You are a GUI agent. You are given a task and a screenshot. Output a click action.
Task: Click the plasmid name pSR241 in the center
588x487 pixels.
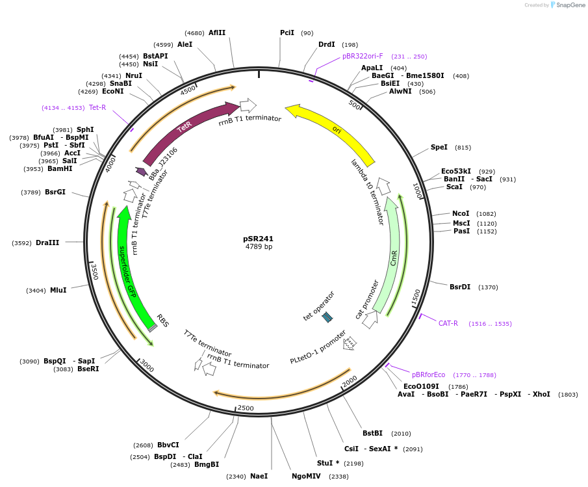258,239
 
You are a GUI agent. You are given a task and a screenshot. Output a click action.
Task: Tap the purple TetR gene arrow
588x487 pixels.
185,127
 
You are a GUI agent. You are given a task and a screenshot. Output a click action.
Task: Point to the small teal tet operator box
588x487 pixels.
327,317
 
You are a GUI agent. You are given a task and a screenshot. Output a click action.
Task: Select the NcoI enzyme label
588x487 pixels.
461,213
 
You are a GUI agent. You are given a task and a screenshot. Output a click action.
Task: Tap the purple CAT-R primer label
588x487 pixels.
448,323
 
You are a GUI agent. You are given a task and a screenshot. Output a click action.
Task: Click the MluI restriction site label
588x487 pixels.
58,290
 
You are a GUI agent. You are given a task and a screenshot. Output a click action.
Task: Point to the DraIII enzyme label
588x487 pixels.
47,243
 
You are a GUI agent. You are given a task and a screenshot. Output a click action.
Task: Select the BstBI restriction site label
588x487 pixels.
372,433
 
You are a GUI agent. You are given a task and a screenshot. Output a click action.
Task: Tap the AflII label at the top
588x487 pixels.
217,33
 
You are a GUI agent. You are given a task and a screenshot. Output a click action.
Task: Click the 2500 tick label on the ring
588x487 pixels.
246,408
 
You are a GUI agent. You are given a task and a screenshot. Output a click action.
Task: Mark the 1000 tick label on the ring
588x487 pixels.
418,191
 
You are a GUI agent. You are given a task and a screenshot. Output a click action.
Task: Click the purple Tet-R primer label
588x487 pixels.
97,107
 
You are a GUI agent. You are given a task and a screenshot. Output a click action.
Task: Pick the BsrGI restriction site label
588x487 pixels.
55,192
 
